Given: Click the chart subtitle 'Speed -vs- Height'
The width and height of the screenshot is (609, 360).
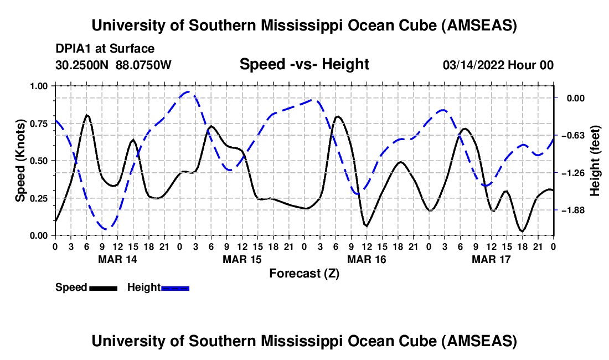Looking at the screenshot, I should click(304, 64).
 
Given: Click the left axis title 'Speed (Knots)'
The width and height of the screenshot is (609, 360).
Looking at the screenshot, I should click(20, 161).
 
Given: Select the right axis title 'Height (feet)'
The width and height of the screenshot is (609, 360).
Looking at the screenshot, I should click(595, 161).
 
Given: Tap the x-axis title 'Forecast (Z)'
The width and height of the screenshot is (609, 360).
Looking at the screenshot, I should click(304, 273).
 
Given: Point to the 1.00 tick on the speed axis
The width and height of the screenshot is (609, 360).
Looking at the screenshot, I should click(39, 86).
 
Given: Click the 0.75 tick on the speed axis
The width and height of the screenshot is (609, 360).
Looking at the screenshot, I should click(39, 124).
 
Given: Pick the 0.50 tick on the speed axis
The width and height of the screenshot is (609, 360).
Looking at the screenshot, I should click(39, 161).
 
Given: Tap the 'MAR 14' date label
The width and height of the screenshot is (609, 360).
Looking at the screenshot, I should click(117, 259).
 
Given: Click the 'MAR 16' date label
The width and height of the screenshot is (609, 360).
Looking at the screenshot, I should click(367, 259).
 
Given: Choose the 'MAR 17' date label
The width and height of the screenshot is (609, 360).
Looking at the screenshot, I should click(491, 259).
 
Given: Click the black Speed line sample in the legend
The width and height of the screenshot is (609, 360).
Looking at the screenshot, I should click(103, 287).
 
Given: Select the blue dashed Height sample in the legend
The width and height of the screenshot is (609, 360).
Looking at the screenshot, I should click(175, 287).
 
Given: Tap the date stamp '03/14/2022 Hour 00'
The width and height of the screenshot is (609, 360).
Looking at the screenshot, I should click(498, 65).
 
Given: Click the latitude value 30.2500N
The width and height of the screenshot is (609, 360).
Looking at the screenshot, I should click(82, 65).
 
